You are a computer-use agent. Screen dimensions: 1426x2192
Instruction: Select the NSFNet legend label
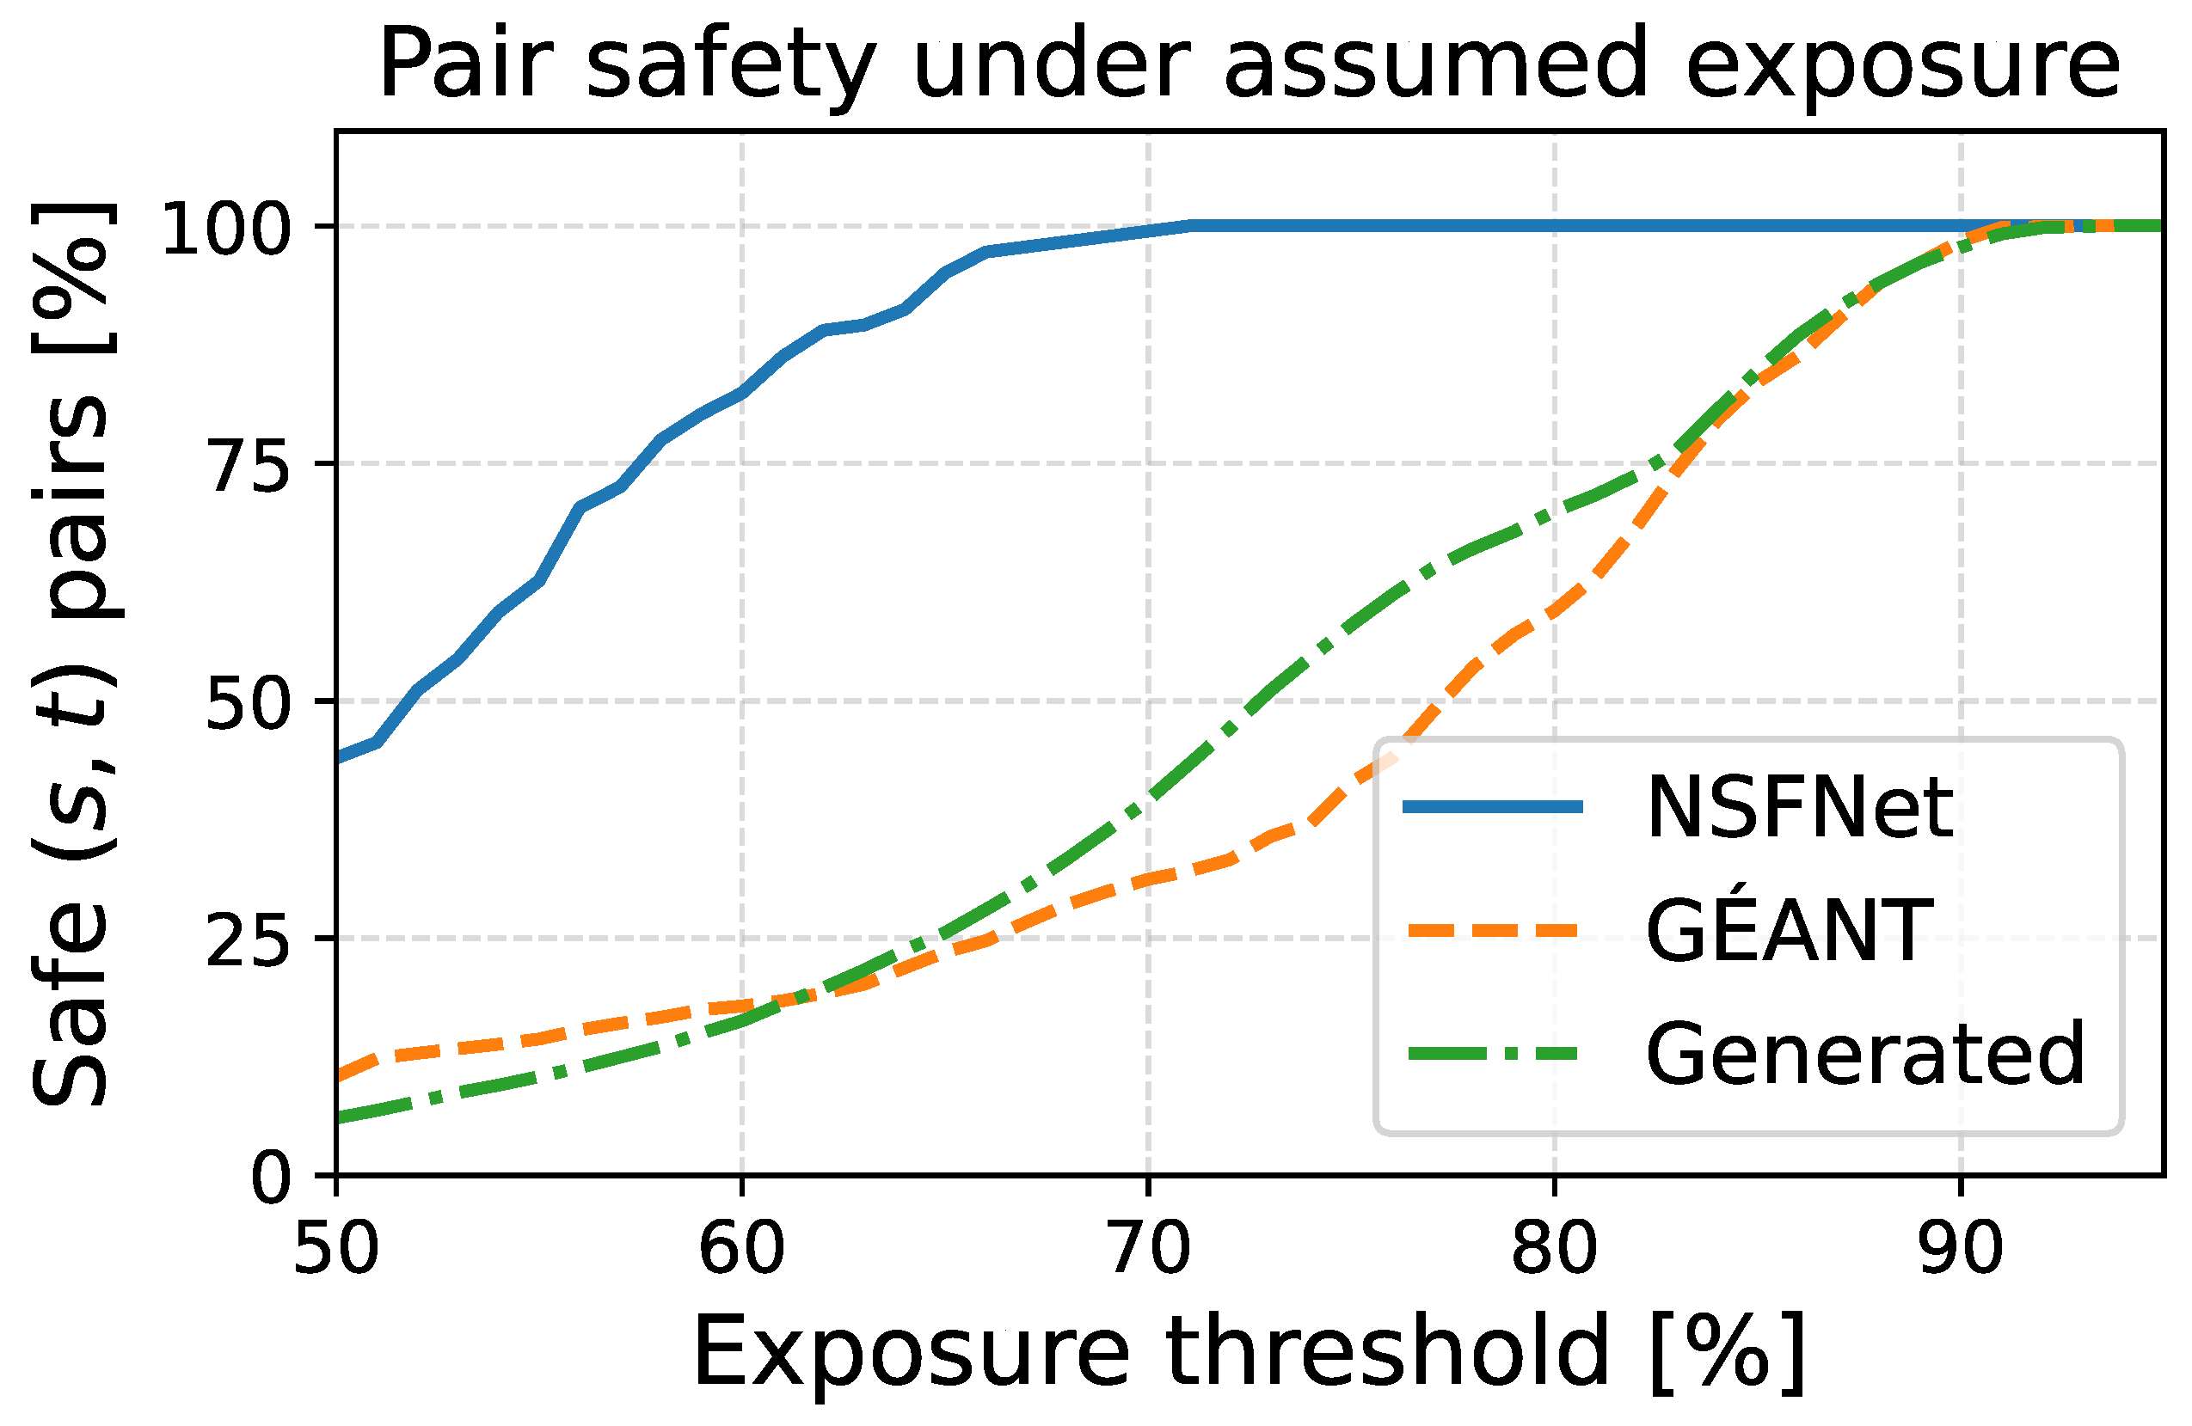click(1799, 808)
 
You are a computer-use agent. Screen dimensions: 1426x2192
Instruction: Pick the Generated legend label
click(1864, 1055)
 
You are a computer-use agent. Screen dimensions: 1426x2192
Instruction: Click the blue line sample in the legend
click(1492, 807)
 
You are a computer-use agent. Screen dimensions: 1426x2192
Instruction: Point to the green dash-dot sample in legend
click(1492, 1054)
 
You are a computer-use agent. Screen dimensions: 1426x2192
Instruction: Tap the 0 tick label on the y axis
click(271, 1180)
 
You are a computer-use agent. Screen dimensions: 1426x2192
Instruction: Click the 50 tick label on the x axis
click(336, 1249)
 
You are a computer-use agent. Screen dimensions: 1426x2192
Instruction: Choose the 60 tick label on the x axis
click(742, 1249)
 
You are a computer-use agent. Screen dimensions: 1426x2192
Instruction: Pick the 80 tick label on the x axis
click(1555, 1249)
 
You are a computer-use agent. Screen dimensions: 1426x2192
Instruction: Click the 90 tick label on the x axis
click(1961, 1249)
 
